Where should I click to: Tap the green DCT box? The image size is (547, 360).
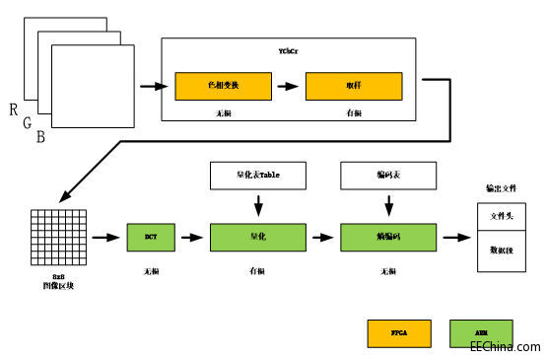[x=150, y=238]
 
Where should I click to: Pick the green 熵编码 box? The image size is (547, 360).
[x=385, y=238]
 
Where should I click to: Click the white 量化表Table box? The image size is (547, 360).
[x=258, y=177]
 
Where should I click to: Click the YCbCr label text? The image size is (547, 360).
[x=288, y=48]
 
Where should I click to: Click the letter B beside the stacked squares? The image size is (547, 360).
[x=40, y=137]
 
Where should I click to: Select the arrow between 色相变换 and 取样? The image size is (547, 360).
[x=286, y=86]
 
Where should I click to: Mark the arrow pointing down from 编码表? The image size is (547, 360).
[x=385, y=205]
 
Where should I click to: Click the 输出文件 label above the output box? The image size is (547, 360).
[x=502, y=188]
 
